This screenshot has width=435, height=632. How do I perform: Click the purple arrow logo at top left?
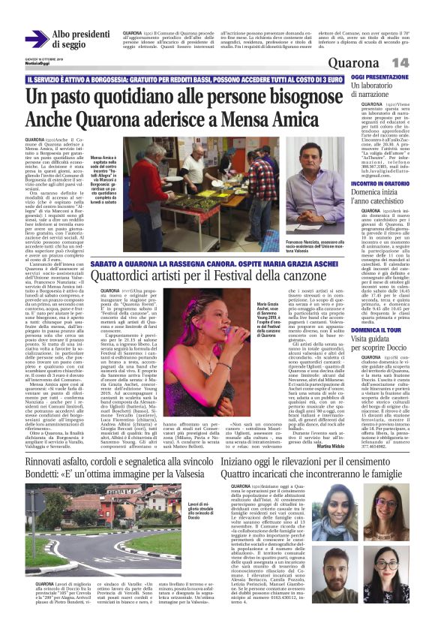point(36,39)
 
